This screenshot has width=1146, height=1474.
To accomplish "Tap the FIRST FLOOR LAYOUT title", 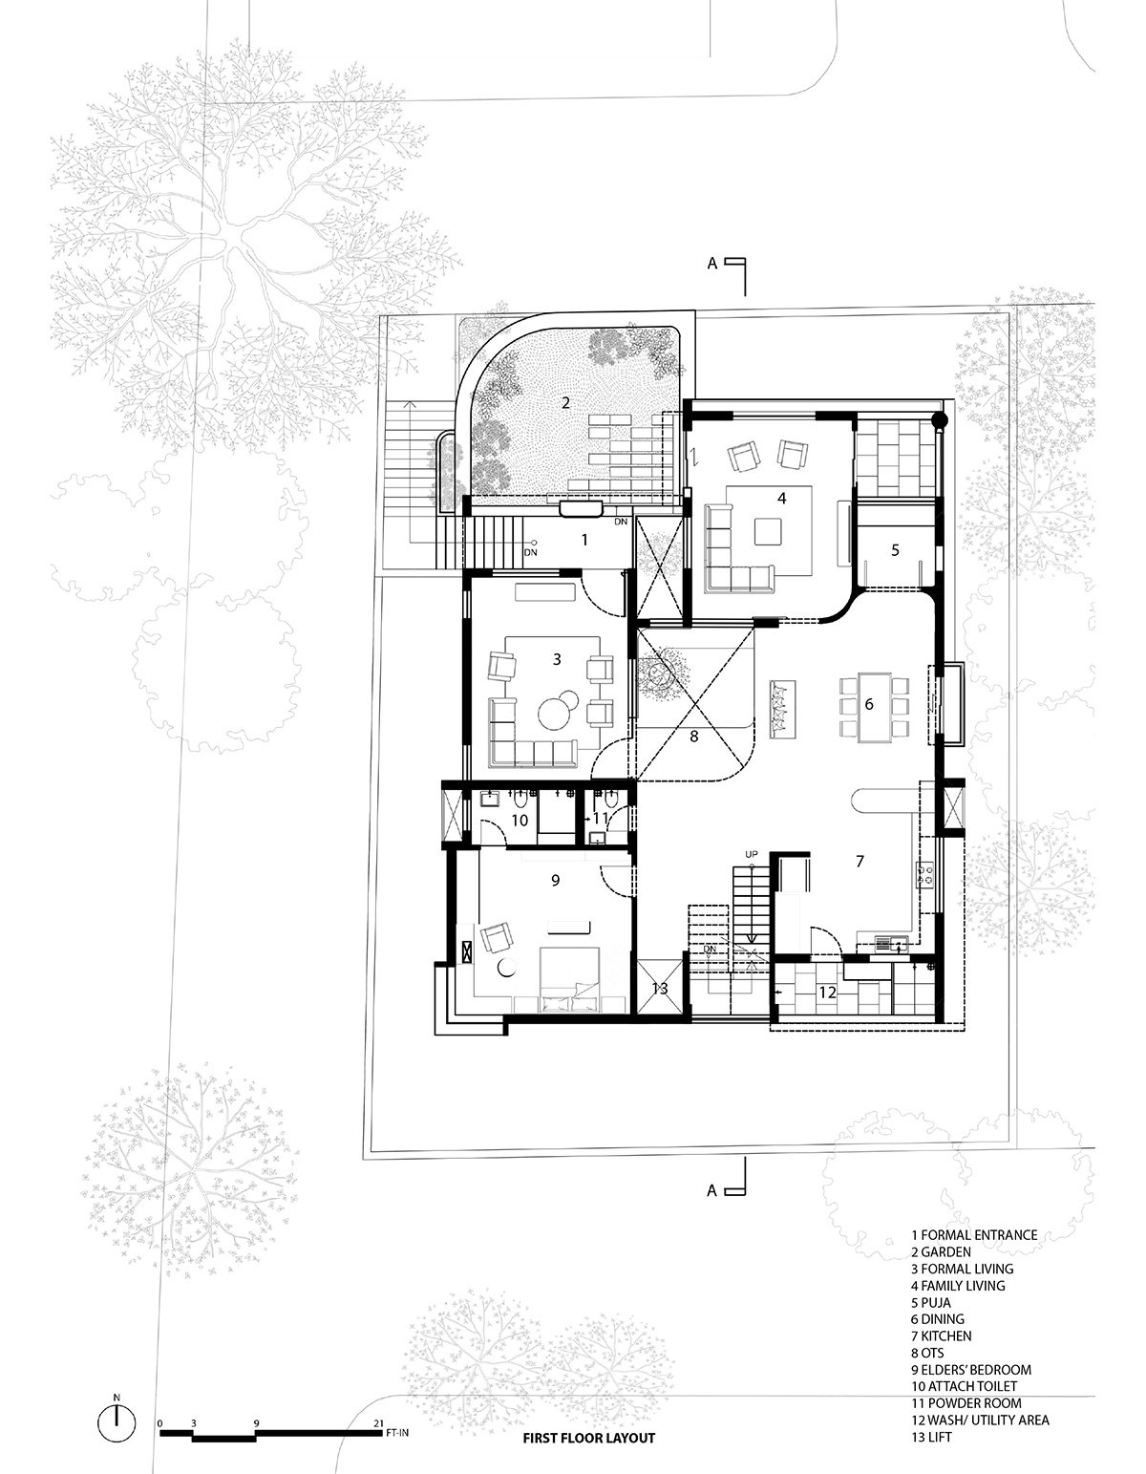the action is click(x=588, y=1438).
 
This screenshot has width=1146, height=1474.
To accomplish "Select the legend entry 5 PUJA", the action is click(x=930, y=1302).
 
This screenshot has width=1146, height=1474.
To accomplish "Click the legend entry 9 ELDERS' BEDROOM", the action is click(x=971, y=1370).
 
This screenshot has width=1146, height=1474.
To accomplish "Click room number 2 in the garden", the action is click(x=565, y=402).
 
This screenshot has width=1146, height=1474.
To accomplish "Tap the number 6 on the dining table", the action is click(x=869, y=704).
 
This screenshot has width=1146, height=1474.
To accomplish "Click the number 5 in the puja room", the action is click(x=895, y=550).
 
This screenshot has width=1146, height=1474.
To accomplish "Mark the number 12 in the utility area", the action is click(x=827, y=993).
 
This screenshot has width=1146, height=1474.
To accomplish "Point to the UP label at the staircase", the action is click(x=752, y=854).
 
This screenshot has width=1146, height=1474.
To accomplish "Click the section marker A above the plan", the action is click(x=712, y=264).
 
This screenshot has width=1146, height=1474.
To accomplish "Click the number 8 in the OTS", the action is click(x=693, y=736).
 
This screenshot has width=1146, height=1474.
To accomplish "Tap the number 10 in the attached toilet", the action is click(x=520, y=821).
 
